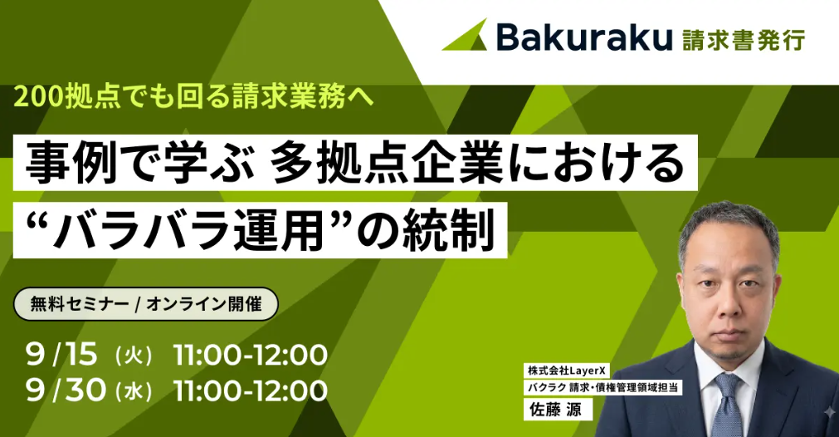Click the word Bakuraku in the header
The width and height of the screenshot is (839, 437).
(x=583, y=37)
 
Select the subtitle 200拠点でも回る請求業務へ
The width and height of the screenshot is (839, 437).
(x=193, y=96)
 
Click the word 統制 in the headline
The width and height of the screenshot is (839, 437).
(x=448, y=230)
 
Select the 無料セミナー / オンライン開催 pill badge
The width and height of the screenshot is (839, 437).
(x=145, y=304)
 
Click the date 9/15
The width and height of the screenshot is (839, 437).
(x=61, y=355)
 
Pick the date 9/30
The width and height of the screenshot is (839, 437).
(x=66, y=390)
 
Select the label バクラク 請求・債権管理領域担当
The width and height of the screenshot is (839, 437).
(x=602, y=387)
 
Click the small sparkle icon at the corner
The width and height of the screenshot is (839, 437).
(x=829, y=412)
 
